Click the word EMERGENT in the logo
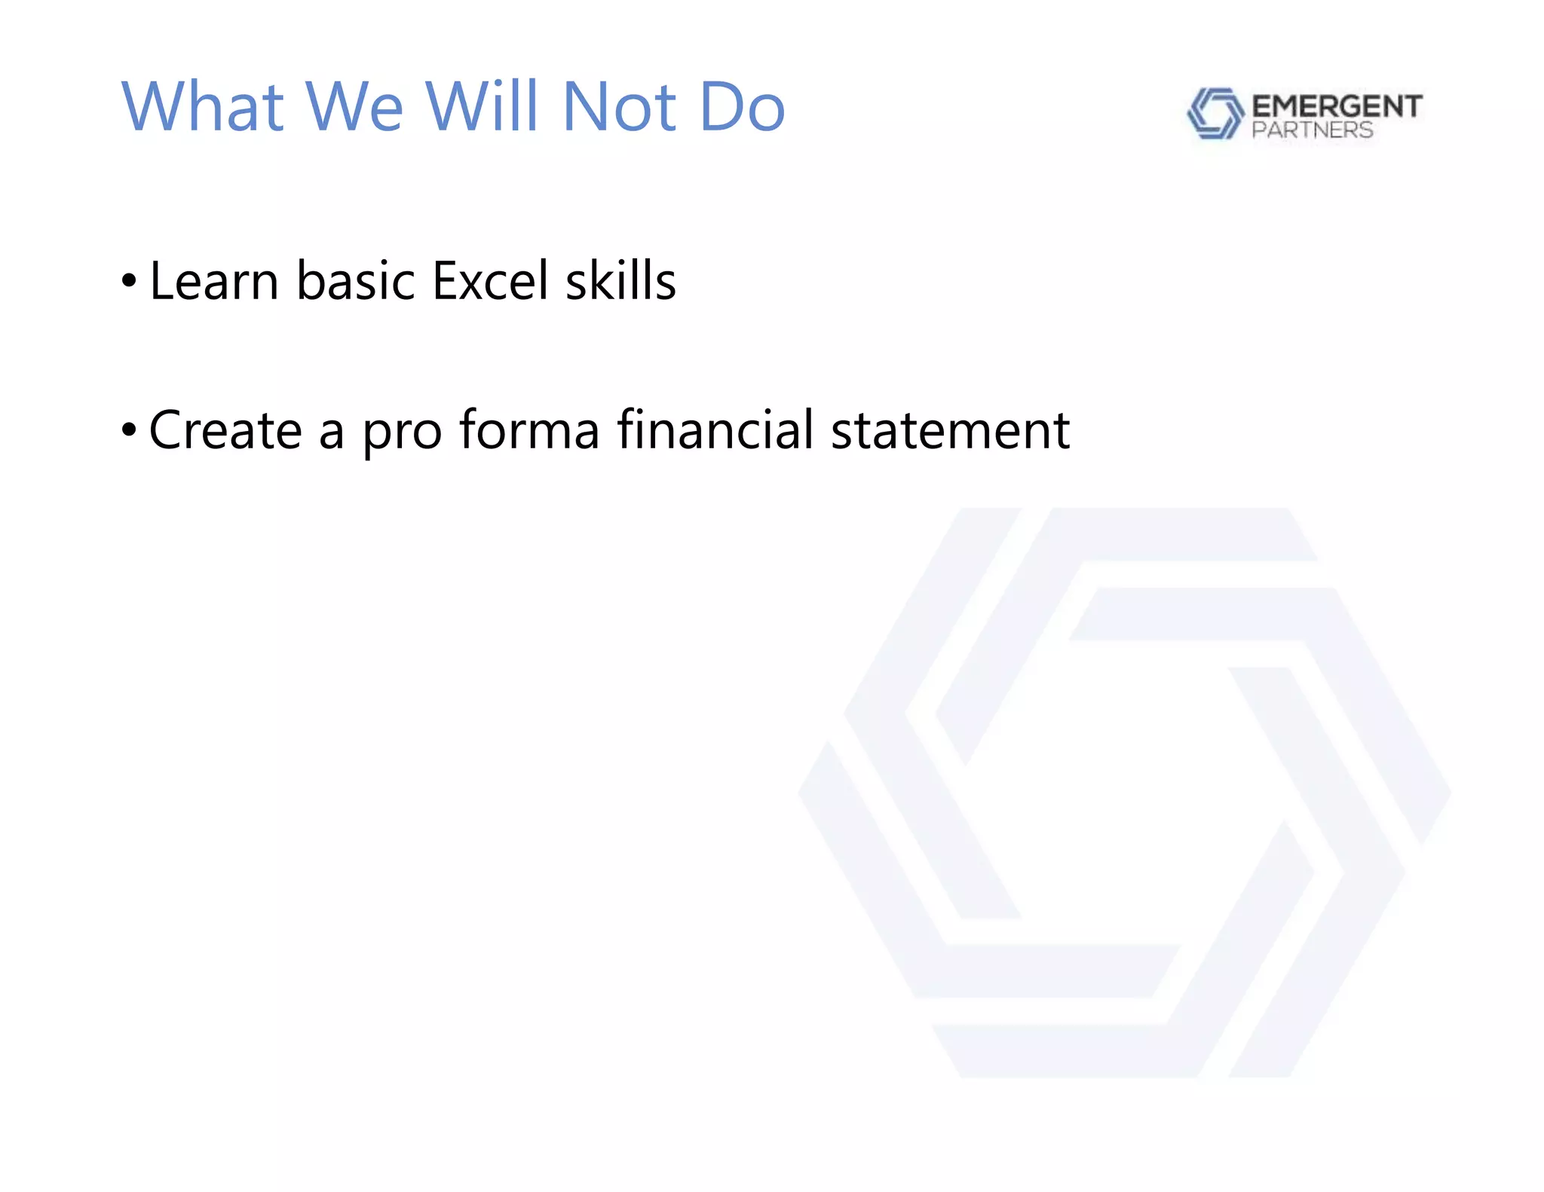1337,106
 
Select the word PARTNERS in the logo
1312,130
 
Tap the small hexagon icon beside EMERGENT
1215,114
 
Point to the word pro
402,433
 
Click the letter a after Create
332,433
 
